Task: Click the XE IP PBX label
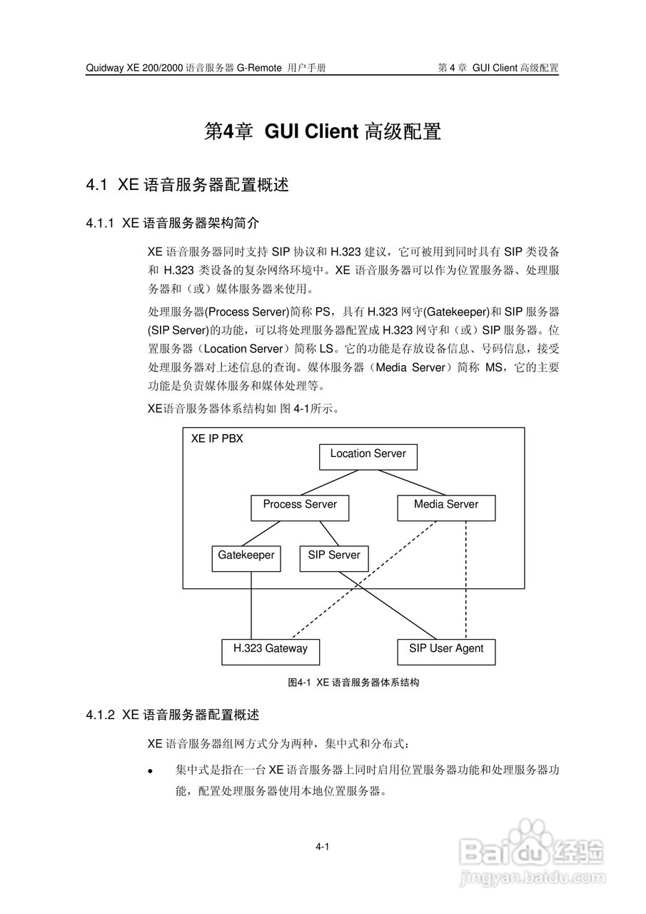click(217, 439)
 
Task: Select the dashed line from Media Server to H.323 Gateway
click(364, 580)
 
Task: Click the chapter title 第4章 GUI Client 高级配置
click(323, 132)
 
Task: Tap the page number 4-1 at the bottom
click(322, 847)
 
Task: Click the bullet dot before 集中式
click(151, 772)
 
